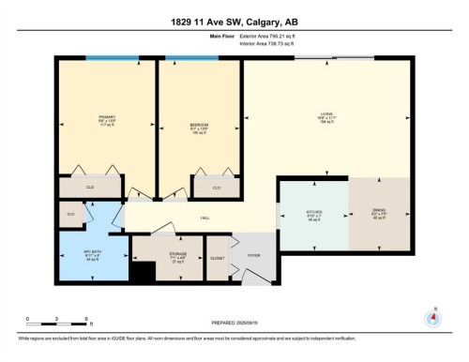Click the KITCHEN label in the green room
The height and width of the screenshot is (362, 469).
tap(314, 214)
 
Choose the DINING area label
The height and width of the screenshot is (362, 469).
tap(378, 214)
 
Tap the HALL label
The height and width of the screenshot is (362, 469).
tap(204, 218)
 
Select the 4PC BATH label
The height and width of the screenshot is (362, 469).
tap(90, 255)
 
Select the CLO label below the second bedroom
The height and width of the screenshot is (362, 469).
tap(216, 188)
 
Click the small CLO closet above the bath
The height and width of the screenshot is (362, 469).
tap(70, 215)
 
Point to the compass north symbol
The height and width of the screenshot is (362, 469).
tap(432, 317)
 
